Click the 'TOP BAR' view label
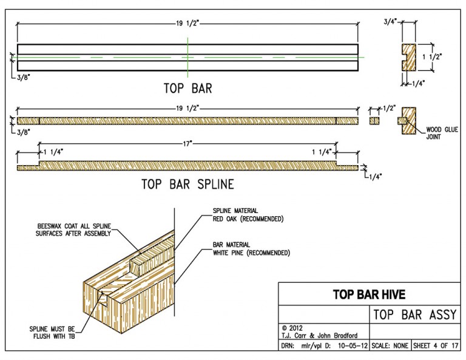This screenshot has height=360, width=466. click(x=187, y=87)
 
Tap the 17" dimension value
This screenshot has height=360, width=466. click(x=188, y=143)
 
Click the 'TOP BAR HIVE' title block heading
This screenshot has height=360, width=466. click(x=369, y=295)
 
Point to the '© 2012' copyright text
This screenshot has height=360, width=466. click(x=291, y=327)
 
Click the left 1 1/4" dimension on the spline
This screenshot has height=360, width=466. click(x=53, y=151)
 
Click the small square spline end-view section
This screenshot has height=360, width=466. click(x=374, y=120)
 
